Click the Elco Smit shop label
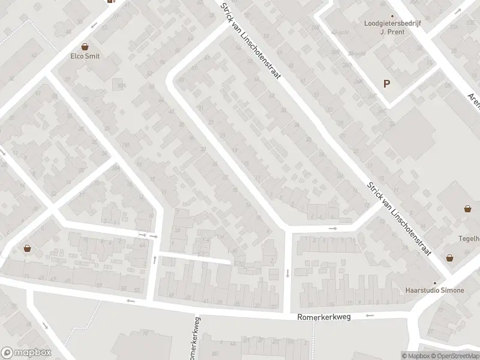click(85, 56)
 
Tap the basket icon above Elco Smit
click(85, 46)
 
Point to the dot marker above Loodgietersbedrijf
click(392, 16)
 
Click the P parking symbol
click(387, 85)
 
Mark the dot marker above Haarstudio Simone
click(436, 282)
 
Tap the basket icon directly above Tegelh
click(467, 209)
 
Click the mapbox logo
click(26, 353)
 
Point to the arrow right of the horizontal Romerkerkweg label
click(370, 315)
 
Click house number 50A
click(121, 86)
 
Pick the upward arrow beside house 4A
click(155, 259)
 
